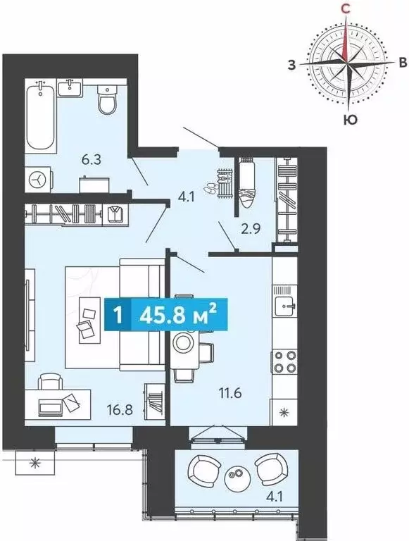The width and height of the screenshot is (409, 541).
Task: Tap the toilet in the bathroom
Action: tap(108, 99)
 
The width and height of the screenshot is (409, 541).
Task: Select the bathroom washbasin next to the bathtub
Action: tap(70, 87)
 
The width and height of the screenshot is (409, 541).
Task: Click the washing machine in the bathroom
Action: tap(38, 179)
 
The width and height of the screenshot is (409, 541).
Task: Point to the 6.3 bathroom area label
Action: tap(92, 160)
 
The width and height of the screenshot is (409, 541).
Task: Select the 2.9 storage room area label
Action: tap(250, 229)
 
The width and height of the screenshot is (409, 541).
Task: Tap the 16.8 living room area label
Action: tap(120, 410)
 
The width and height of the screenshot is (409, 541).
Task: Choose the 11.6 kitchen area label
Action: tap(231, 392)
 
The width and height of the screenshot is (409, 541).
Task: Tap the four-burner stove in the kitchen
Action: tap(284, 361)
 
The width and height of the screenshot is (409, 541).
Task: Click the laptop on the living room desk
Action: tap(51, 406)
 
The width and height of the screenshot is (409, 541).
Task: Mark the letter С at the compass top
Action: tap(346, 8)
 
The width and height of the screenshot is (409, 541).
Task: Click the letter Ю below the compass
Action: tap(350, 120)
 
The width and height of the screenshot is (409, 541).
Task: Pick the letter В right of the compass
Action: tap(403, 63)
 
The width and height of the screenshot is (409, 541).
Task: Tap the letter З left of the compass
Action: tap(292, 65)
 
